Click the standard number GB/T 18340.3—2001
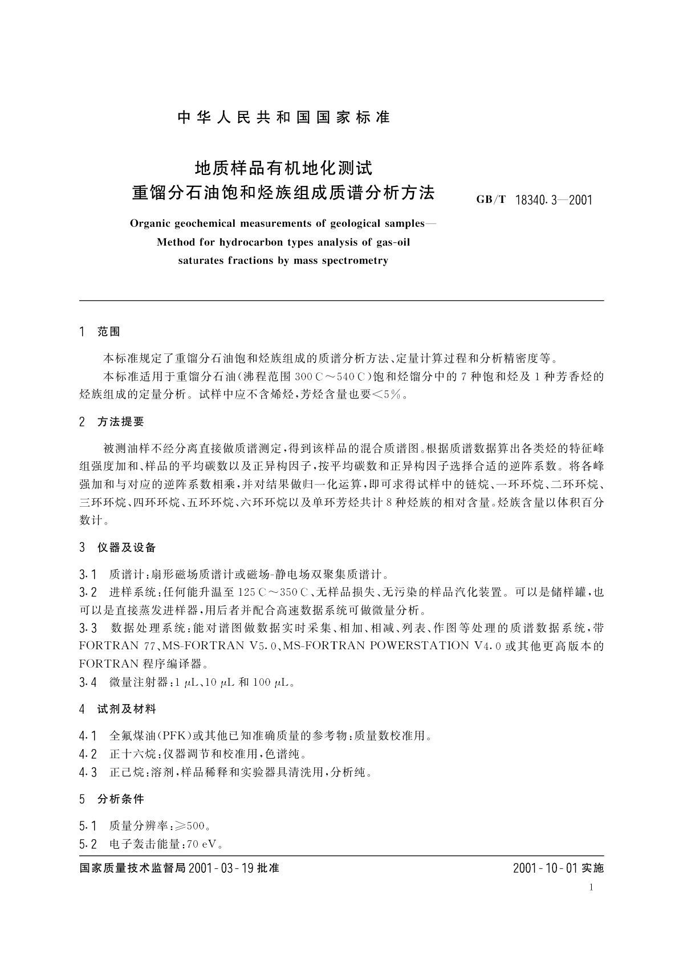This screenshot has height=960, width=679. coord(534,200)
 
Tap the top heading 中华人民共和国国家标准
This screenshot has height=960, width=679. coord(283,117)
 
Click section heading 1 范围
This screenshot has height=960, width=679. coord(100,332)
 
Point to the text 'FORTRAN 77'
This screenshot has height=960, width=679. coord(117,646)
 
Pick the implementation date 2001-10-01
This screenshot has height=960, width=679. coord(546,868)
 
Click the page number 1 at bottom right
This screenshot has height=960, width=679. coord(591,887)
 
